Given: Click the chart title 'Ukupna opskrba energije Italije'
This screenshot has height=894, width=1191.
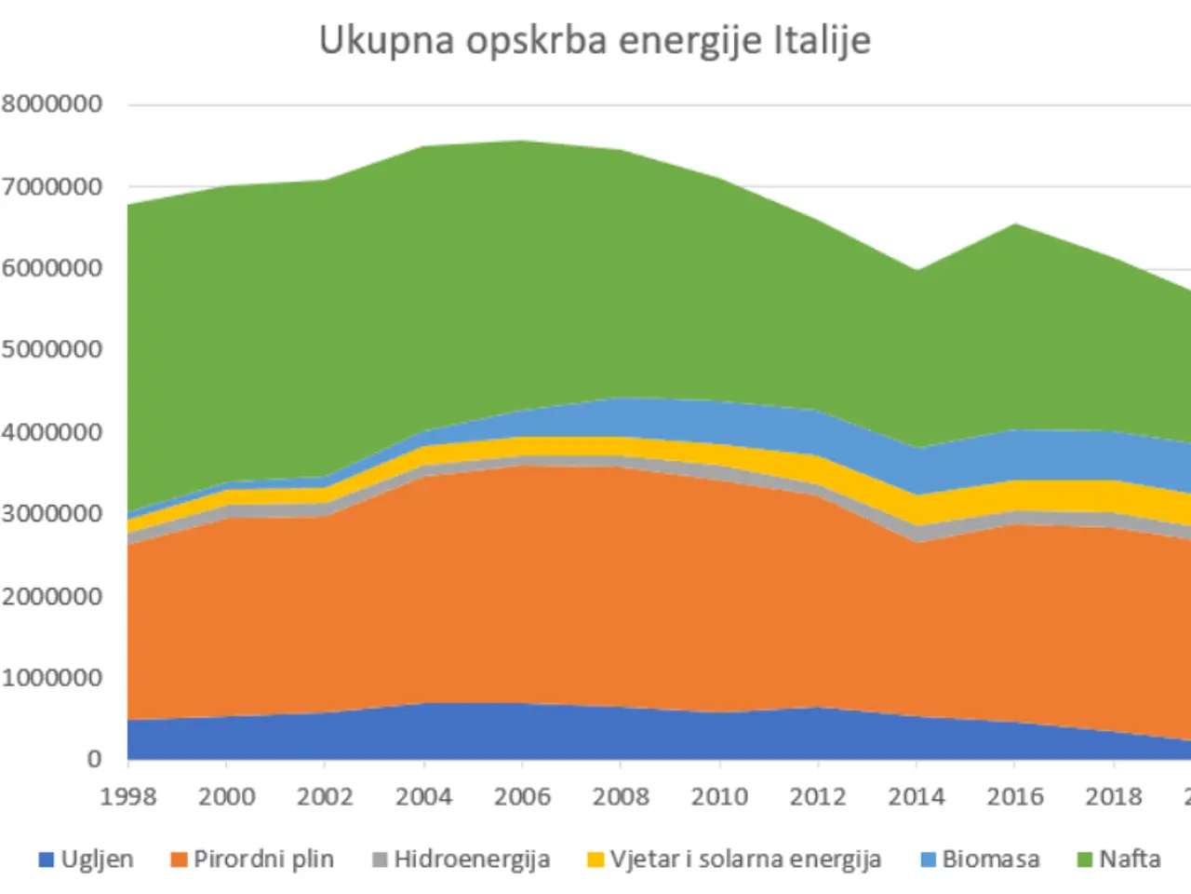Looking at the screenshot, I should (595, 41).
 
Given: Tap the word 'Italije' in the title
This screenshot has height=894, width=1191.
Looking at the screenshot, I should (822, 41).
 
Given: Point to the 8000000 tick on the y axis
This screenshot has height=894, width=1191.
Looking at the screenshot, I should (52, 103).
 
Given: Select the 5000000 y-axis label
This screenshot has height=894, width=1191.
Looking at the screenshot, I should (52, 349).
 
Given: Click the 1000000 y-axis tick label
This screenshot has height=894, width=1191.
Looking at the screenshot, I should (52, 677).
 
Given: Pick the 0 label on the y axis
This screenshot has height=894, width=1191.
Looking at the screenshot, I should (94, 759).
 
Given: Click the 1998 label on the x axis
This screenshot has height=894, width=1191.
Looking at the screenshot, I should (128, 796).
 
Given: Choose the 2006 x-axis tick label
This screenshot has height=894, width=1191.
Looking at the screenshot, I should (522, 796).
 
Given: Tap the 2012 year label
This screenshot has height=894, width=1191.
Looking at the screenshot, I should (818, 796).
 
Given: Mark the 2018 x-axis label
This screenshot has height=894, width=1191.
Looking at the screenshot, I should (1114, 796).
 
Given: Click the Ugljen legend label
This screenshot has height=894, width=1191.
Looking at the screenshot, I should (97, 859).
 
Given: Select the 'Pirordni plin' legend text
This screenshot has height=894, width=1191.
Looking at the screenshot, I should (263, 859).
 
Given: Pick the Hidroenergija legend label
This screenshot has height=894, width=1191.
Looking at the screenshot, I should (472, 859).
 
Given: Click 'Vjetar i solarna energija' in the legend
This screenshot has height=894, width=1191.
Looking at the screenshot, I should (745, 859).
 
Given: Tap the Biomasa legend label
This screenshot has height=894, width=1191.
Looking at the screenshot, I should (990, 859).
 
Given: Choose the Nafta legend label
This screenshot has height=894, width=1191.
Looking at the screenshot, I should (1130, 859).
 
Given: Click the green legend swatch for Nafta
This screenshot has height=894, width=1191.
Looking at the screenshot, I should (1084, 860).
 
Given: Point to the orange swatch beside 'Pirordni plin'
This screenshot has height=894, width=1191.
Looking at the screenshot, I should (179, 860).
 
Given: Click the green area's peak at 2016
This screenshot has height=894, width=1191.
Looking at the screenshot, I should (1015, 225).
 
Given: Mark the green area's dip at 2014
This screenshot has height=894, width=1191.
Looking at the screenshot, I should (917, 272).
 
